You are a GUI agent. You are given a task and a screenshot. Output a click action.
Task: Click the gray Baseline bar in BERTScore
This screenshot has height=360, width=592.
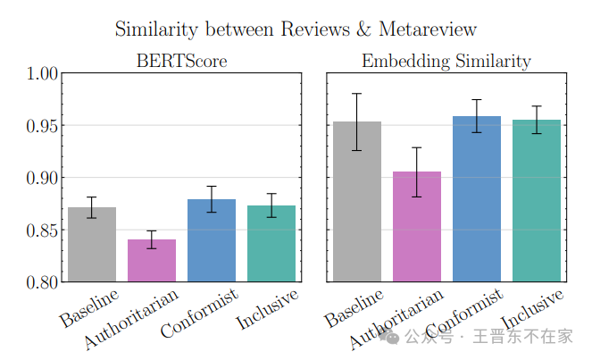pos(92,246)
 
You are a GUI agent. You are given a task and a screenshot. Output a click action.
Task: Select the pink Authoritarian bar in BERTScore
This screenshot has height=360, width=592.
pos(152,261)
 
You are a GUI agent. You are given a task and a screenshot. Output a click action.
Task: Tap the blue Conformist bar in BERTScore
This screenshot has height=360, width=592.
pos(212,241)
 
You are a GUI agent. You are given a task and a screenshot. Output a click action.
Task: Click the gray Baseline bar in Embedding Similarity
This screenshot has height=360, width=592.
pos(357,202)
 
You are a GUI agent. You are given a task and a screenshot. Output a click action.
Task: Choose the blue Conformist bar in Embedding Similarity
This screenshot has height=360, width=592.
pos(476,199)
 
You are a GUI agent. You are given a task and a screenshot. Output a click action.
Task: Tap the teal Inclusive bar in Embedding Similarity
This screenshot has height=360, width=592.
pos(536,201)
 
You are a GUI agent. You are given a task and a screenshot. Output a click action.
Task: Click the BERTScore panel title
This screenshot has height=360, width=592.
pos(181,62)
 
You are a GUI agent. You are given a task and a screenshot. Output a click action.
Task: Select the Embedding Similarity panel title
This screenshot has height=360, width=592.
pos(446,62)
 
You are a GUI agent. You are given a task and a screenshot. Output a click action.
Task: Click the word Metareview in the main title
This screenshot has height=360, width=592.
pos(426,29)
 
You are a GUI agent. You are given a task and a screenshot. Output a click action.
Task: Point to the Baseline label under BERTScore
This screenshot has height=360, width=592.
pos(89,306)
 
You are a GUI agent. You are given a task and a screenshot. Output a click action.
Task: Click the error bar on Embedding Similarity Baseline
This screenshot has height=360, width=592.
pos(357,121)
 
